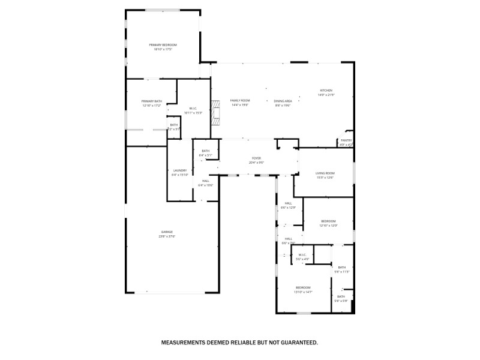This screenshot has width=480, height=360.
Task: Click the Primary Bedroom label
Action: click(x=163, y=45)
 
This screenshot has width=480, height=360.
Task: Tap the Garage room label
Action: click(x=166, y=232)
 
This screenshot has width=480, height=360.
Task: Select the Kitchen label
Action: click(x=326, y=91)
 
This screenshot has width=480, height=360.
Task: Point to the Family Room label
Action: click(x=240, y=100)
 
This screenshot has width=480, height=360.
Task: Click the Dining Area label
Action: click(x=283, y=101)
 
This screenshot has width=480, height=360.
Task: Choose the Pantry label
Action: click(x=346, y=140)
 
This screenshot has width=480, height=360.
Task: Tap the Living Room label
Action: click(x=325, y=173)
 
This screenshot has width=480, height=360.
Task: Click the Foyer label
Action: click(x=256, y=159)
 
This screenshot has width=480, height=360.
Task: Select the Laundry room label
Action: click(x=180, y=170)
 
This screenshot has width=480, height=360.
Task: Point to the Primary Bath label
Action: click(x=152, y=101)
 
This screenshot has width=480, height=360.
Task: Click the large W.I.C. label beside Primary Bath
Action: click(x=193, y=109)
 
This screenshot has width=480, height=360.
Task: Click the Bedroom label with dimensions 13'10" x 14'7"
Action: click(x=302, y=287)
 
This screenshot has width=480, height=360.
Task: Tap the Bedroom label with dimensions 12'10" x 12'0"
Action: click(x=328, y=221)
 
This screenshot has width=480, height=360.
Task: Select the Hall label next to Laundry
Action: click(x=205, y=181)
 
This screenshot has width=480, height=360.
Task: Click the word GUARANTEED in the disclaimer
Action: click(x=296, y=343)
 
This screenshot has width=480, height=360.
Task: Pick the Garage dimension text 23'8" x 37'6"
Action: click(x=166, y=236)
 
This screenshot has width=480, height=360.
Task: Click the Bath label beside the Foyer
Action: click(x=205, y=151)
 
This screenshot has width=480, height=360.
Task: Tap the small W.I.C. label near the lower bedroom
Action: click(x=302, y=255)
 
